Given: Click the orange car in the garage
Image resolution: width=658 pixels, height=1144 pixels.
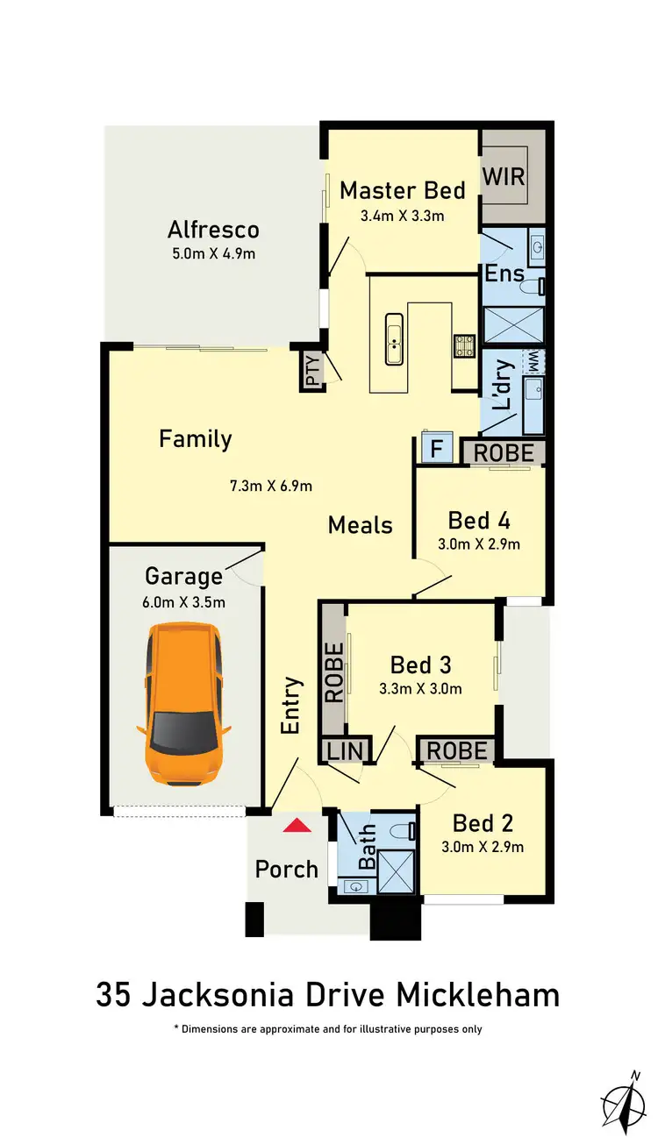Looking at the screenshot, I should click(x=184, y=703).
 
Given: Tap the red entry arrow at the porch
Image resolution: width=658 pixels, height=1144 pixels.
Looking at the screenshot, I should click(x=297, y=825).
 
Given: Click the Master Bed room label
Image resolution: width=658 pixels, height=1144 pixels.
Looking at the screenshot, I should click(x=403, y=190).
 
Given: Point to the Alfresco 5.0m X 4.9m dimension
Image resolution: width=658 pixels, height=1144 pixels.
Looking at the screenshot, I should click(x=215, y=254).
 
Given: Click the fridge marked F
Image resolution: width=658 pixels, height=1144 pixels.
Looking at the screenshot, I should click(x=436, y=451).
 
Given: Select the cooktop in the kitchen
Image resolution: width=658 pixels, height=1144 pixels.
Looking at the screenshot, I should click(x=462, y=345).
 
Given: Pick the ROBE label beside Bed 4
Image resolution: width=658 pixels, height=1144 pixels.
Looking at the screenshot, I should click(x=504, y=452).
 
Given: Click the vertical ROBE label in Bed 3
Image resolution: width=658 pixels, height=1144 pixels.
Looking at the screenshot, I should click(x=334, y=672).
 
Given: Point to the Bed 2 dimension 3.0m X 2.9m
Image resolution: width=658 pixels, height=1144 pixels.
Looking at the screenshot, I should click(x=483, y=847).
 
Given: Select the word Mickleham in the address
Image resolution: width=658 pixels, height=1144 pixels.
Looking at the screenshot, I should click(x=478, y=996).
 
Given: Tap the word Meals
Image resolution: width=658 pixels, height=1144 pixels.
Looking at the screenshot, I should click(x=361, y=525).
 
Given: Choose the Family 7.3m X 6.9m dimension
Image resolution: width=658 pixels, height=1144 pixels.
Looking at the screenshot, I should click(x=272, y=485).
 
